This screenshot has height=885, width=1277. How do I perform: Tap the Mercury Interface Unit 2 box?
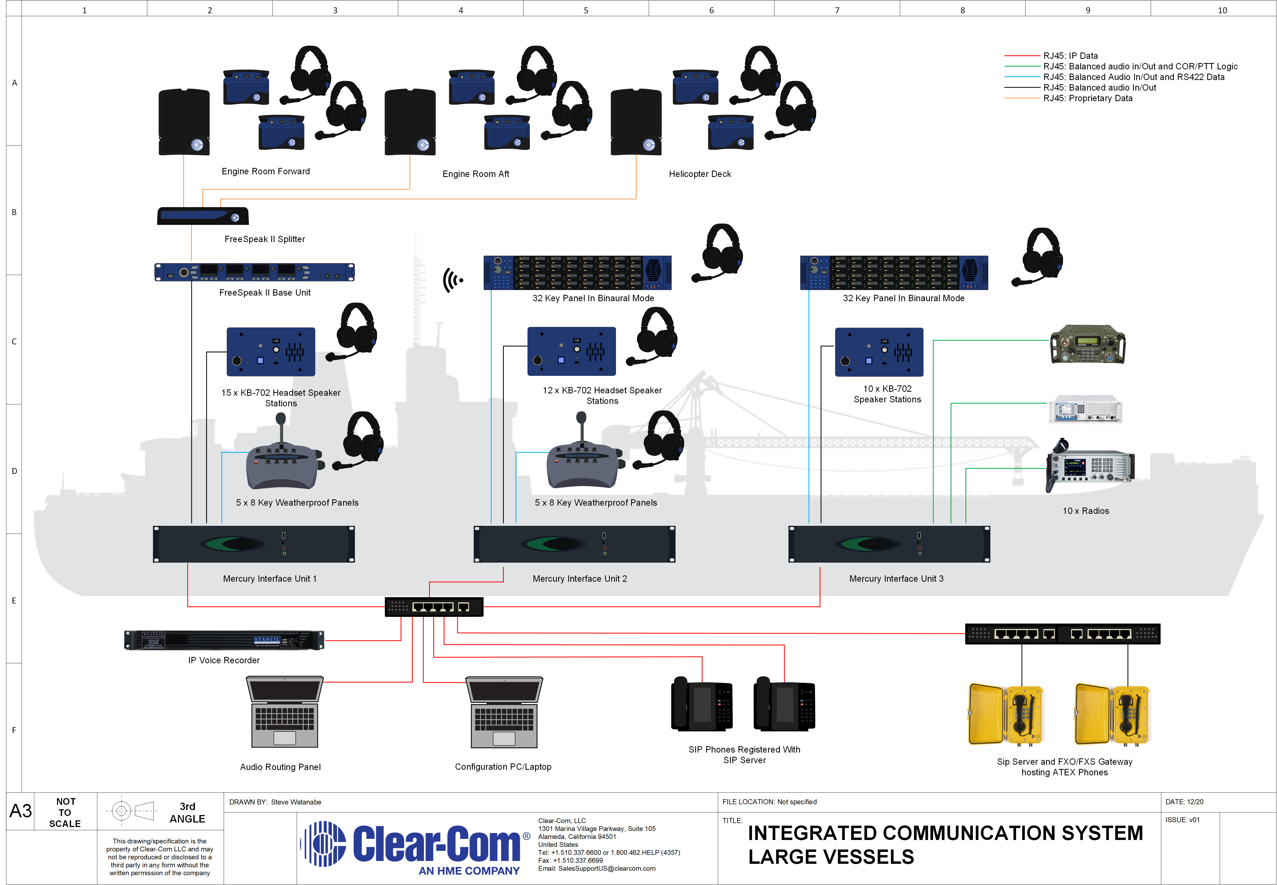[574, 544]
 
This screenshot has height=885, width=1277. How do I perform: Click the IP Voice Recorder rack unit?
[224, 640]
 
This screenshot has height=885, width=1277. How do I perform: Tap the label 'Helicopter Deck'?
[700, 174]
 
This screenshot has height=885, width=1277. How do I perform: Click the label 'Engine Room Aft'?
[476, 174]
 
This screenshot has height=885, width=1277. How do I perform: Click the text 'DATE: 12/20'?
[1184, 802]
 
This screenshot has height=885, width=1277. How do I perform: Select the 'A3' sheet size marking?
[20, 811]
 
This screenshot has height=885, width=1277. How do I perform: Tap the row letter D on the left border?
[14, 471]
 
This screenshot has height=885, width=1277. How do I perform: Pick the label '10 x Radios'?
[1086, 511]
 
